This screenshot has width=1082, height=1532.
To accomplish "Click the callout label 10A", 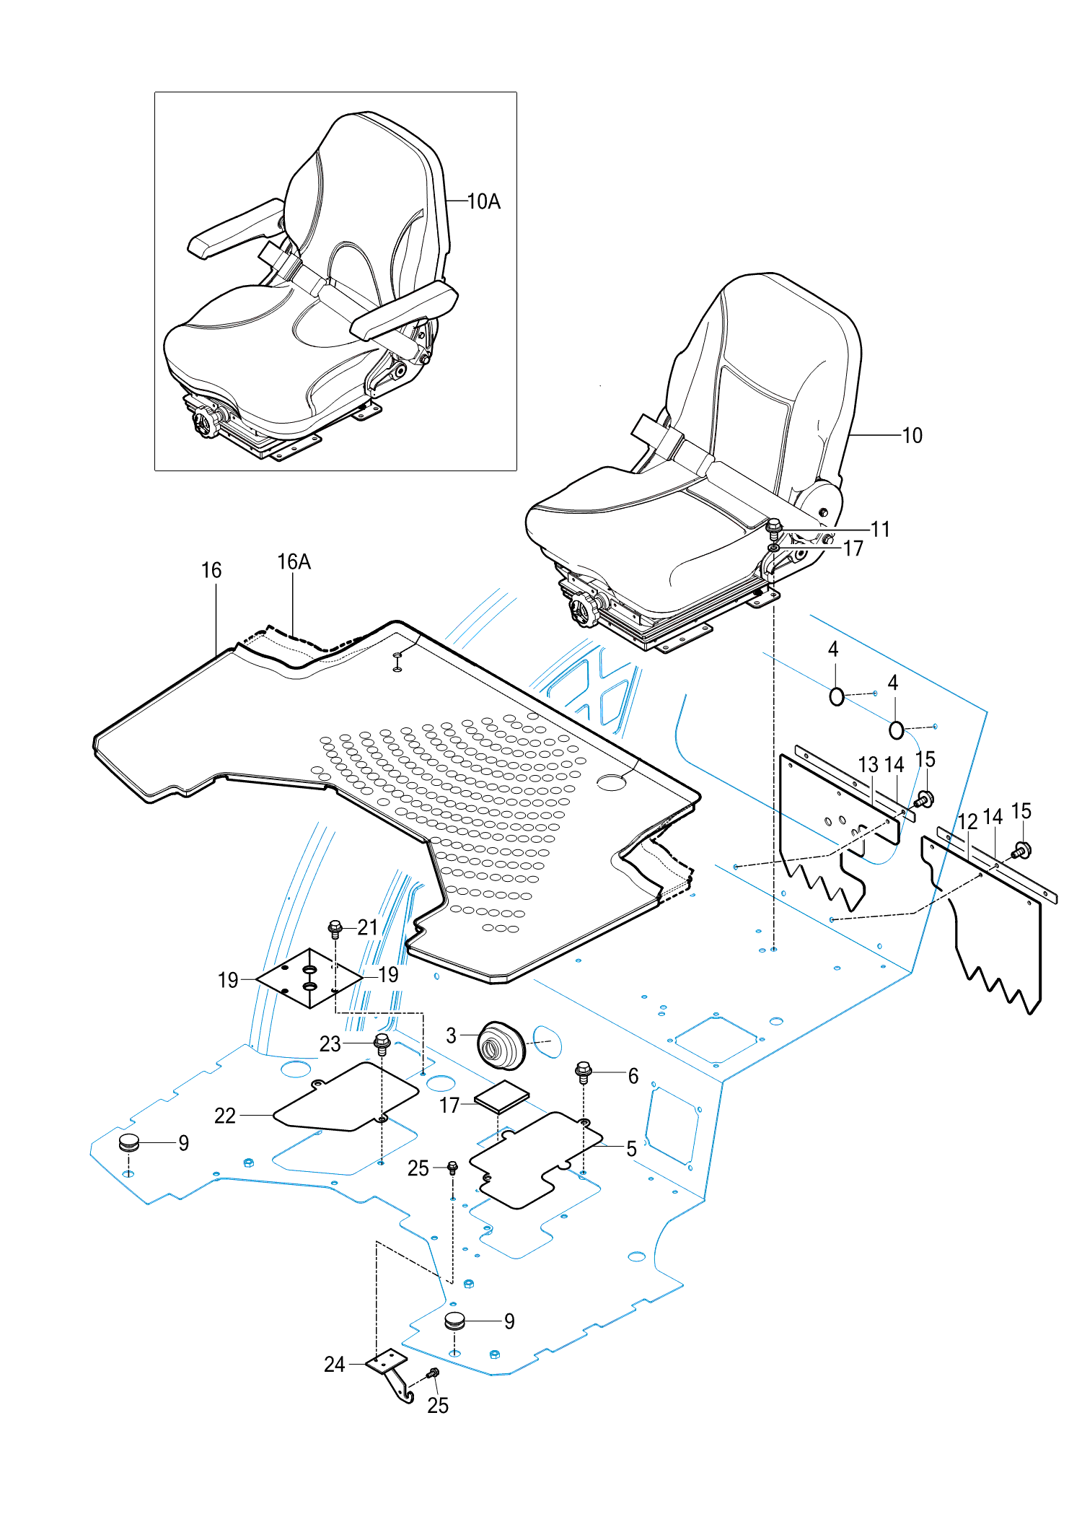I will [483, 201].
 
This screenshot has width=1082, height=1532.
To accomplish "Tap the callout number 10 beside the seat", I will [912, 435].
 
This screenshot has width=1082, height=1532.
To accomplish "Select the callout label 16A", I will [294, 561].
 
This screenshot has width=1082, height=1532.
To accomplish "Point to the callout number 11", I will [880, 529].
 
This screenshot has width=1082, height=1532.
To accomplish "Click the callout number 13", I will [868, 765].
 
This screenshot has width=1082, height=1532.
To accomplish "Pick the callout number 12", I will [967, 821].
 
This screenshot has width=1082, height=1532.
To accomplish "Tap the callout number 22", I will [225, 1116].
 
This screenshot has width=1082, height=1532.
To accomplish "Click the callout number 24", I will [334, 1364].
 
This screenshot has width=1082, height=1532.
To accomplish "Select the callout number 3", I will [451, 1036].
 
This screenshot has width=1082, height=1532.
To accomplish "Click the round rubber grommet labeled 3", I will [501, 1045].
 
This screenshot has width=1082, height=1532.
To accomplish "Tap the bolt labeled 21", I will [335, 928].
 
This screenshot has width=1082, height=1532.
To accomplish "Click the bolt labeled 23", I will [382, 1043].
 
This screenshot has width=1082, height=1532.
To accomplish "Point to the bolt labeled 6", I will [584, 1072].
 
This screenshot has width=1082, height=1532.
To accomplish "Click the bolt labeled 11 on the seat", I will [774, 528].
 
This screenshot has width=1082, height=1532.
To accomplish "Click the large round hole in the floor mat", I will [612, 782].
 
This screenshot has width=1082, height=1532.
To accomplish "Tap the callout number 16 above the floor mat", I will [211, 570].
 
